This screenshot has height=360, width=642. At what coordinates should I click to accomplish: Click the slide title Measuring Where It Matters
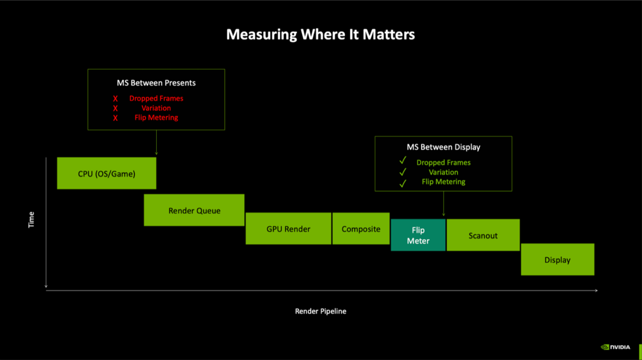pos(320,35)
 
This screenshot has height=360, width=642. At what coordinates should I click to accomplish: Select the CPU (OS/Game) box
pos(106,173)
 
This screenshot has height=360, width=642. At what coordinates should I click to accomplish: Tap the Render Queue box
pos(194,210)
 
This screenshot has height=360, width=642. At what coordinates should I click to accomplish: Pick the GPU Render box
pos(288,229)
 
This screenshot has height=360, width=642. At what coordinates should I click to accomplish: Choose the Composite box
pos(361,229)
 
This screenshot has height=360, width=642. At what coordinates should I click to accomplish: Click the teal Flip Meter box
pos(418,235)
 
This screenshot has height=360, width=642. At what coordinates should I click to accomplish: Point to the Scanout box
pos(483,235)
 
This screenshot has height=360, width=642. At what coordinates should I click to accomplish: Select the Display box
pos(557,260)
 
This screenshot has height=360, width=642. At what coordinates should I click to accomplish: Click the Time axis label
pos(31,220)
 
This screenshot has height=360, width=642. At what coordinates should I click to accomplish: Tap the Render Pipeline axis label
pos(320,311)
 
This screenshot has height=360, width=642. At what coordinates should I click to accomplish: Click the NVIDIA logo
pos(616,347)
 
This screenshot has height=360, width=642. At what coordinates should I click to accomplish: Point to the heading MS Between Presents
pos(156,83)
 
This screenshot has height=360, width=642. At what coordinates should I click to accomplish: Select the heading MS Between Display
pos(444,147)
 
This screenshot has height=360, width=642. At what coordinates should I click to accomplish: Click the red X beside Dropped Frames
pos(115,98)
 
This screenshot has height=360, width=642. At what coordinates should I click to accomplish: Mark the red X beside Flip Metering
pos(115,118)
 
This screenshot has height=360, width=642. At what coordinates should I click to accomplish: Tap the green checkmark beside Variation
pos(403,172)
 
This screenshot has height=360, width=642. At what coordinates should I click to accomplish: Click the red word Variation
pos(156,108)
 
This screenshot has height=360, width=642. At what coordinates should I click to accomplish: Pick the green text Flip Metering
pos(444,182)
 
